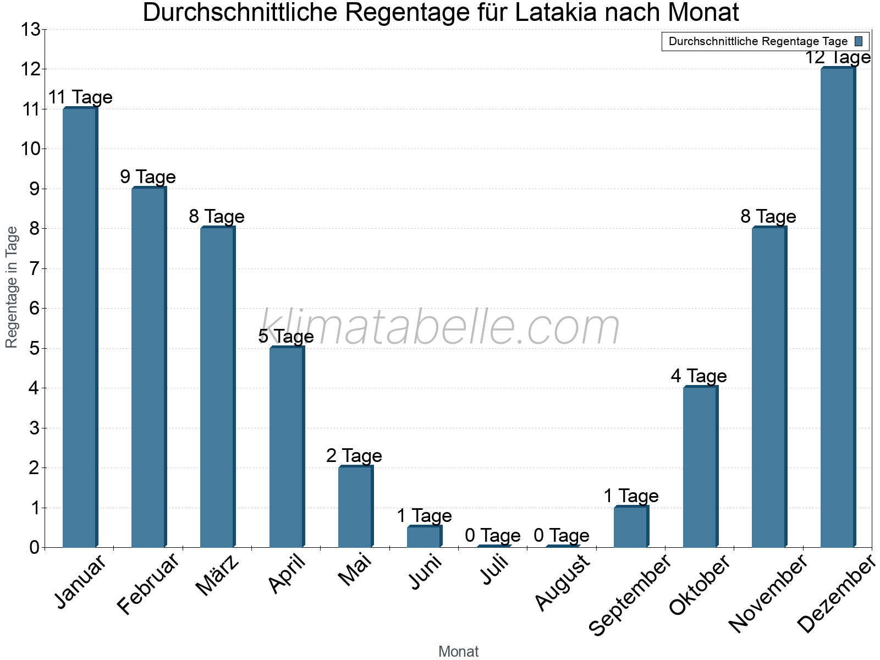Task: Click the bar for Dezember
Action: tap(837, 307)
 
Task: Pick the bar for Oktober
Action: tap(700, 467)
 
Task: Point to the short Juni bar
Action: tap(424, 536)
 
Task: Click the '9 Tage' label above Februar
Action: tap(148, 177)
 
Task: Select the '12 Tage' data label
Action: tap(838, 58)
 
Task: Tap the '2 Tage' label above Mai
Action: tap(354, 456)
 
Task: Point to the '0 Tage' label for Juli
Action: tap(493, 535)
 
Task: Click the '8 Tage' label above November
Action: tap(768, 217)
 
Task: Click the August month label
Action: tap(562, 582)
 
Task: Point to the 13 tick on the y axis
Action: tap(31, 29)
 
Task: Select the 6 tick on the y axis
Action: tap(35, 309)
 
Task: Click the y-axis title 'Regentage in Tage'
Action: tap(12, 287)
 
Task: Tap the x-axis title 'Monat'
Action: tap(458, 652)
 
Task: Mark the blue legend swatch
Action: tap(859, 41)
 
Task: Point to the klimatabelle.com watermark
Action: tap(440, 328)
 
